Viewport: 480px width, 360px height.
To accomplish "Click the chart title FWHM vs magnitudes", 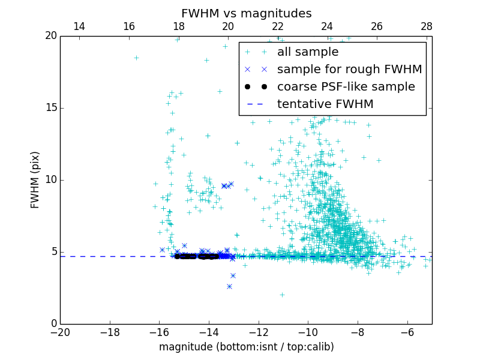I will click(x=246, y=13).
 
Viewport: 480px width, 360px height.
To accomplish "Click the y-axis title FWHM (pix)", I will click(x=35, y=180).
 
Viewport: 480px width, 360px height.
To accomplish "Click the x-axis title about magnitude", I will click(x=246, y=347).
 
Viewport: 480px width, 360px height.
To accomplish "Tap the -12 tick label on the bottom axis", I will click(x=259, y=332).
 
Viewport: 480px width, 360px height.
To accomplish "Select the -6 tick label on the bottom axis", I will click(x=407, y=332).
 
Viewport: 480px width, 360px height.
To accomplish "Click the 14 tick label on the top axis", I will click(x=79, y=26).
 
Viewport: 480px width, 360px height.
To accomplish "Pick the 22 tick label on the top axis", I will click(x=277, y=26).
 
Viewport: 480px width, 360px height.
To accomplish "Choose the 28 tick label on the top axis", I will click(x=427, y=26).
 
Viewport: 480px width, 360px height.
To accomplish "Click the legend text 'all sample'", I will click(x=307, y=52).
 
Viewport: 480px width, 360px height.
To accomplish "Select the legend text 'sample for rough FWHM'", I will click(x=349, y=70).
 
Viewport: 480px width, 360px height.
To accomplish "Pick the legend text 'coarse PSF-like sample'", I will click(x=346, y=87).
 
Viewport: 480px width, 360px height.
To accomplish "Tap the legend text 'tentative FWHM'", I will click(x=325, y=104).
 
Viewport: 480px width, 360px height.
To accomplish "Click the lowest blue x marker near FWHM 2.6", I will click(x=229, y=286).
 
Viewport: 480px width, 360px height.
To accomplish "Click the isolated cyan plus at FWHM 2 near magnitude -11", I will click(x=282, y=295).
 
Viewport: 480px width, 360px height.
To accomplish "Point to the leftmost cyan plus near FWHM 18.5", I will click(x=136, y=58).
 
